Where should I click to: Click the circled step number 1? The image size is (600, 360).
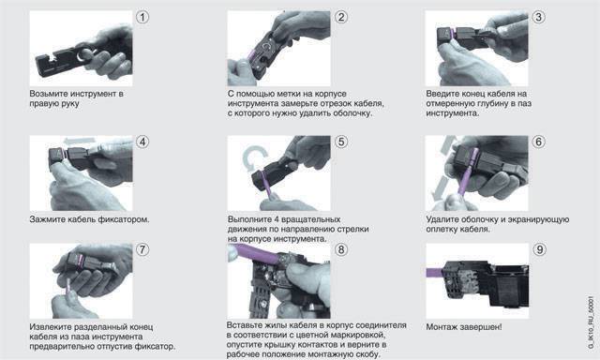142,17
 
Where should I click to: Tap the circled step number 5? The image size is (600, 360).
341,142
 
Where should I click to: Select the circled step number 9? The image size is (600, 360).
539,249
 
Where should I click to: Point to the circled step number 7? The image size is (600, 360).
142,249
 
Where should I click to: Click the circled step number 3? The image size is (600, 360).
539,17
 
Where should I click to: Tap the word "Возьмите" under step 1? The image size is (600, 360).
46,94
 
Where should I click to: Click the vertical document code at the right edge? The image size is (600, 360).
591,322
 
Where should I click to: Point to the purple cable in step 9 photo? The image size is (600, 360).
434,273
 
